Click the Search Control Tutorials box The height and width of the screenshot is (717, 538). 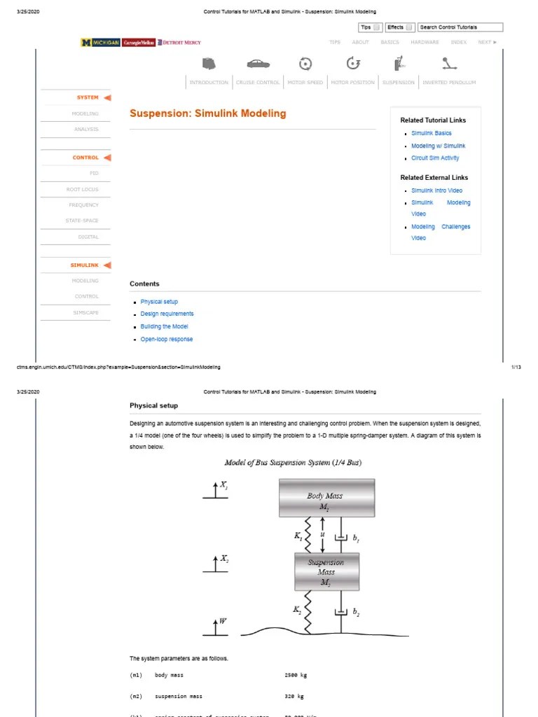460,27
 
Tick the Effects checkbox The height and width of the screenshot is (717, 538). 410,28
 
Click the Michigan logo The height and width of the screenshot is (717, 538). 100,43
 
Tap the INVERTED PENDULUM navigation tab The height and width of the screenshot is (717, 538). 449,83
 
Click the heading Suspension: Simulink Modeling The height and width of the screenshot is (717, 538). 208,113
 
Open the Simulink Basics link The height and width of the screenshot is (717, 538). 431,133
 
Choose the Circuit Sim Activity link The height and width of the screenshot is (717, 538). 435,158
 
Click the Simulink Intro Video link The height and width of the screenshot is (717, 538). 436,190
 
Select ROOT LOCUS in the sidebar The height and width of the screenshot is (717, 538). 83,190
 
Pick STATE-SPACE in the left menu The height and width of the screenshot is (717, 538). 82,221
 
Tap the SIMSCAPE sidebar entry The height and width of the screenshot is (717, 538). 86,312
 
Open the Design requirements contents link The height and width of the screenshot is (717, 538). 167,314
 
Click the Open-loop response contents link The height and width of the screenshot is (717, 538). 166,339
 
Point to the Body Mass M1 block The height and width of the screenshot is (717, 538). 326,498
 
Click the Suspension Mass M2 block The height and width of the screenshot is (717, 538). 326,572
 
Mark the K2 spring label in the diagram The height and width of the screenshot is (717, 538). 297,610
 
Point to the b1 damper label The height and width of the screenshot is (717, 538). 356,538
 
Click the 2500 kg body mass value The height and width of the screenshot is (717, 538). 296,675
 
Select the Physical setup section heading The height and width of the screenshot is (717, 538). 153,405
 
